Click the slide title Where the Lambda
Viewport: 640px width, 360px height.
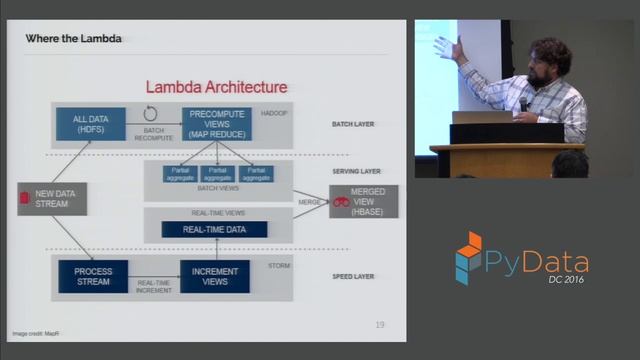pos(73,39)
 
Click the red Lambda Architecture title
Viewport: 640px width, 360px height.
pos(216,88)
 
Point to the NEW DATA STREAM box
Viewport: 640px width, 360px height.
pos(52,198)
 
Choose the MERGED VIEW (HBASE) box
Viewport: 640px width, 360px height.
pos(363,201)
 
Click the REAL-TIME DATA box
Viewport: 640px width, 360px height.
pos(215,230)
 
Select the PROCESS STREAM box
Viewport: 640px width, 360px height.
pos(93,275)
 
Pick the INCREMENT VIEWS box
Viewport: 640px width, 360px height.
pos(214,275)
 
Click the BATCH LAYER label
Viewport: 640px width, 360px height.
pos(352,125)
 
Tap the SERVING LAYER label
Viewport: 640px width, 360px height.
pos(352,171)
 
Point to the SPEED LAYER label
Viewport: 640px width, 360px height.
pos(352,275)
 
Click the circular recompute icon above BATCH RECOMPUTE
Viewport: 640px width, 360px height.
pos(151,113)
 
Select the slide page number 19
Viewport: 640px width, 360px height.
pos(380,324)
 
